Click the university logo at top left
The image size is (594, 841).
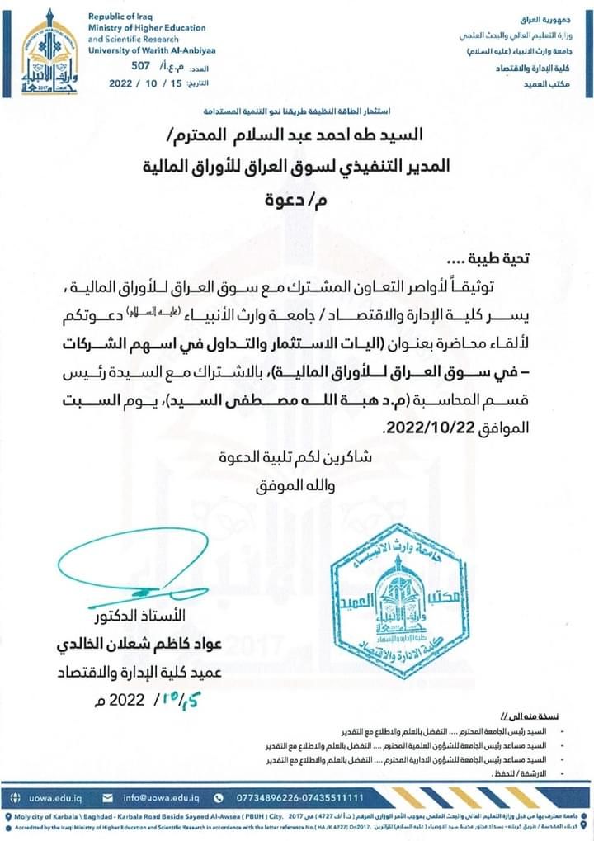click(49, 52)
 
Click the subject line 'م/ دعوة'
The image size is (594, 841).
click(295, 200)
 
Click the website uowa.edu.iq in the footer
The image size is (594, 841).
click(55, 797)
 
